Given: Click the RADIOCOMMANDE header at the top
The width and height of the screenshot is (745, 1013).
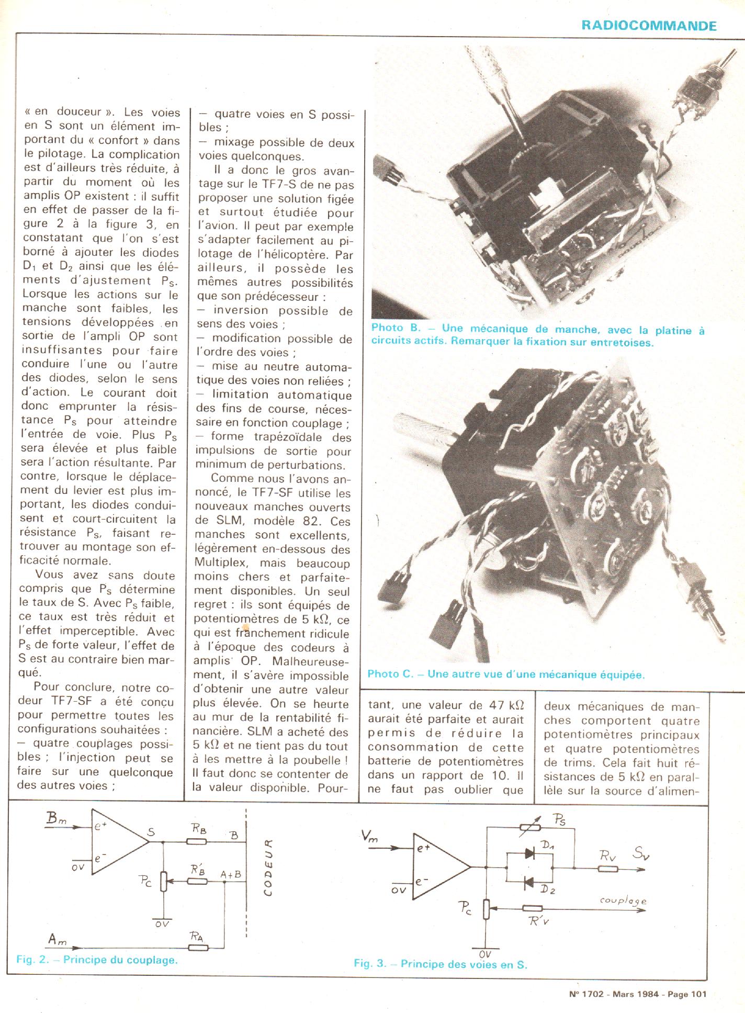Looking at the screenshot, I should coord(649,25).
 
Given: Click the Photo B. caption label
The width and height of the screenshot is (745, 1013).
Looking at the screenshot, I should coord(387,328).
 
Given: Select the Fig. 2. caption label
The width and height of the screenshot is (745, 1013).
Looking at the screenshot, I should coord(33,960).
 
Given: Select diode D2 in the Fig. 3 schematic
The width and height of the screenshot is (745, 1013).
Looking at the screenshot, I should coord(529,882).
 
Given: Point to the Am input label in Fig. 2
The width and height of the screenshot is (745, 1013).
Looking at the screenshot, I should coord(57,939).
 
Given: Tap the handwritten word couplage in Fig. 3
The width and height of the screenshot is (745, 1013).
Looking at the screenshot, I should coord(623,901).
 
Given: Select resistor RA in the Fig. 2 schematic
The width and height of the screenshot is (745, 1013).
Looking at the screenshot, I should coord(199,947).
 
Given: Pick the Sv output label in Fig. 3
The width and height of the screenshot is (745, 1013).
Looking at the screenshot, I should coord(640,854).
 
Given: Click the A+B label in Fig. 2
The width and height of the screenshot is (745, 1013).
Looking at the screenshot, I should coord(231,874).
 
